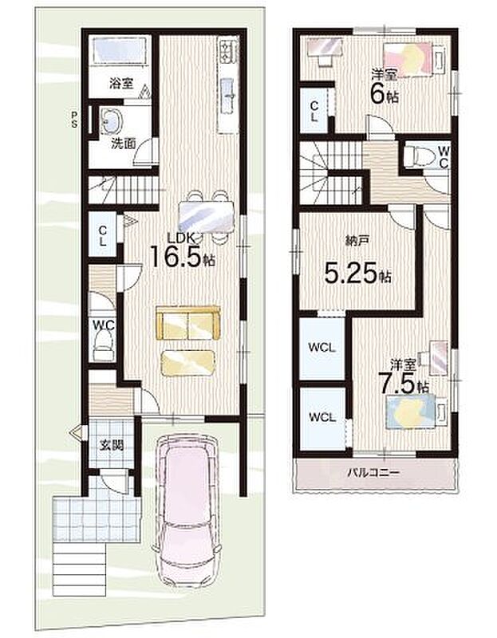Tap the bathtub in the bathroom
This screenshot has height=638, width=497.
pyautogui.click(x=120, y=50)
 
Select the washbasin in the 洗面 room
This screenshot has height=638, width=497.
pyautogui.click(x=111, y=121)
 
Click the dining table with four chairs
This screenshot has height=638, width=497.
pyautogui.click(x=207, y=216)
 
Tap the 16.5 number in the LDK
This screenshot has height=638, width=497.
pyautogui.click(x=176, y=256)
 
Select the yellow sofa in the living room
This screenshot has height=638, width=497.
pyautogui.click(x=188, y=323)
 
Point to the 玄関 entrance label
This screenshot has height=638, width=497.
pyautogui.click(x=111, y=445)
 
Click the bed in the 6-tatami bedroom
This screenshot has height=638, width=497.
pyautogui.click(x=413, y=59)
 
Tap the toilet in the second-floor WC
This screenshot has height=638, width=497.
pyautogui.click(x=416, y=156)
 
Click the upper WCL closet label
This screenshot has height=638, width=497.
pyautogui.click(x=321, y=348)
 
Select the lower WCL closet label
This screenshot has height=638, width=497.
pyautogui.click(x=321, y=417)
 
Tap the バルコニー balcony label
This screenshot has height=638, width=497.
pyautogui.click(x=373, y=473)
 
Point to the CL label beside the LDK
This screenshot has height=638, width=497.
pyautogui.click(x=103, y=235)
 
